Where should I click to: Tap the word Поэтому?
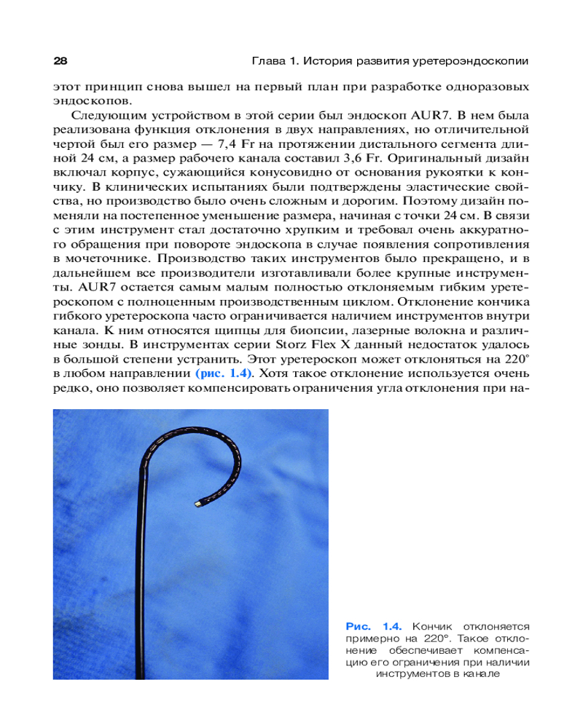click(x=451, y=201)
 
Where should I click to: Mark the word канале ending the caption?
click(x=480, y=674)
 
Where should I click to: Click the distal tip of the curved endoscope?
click(x=199, y=504)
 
